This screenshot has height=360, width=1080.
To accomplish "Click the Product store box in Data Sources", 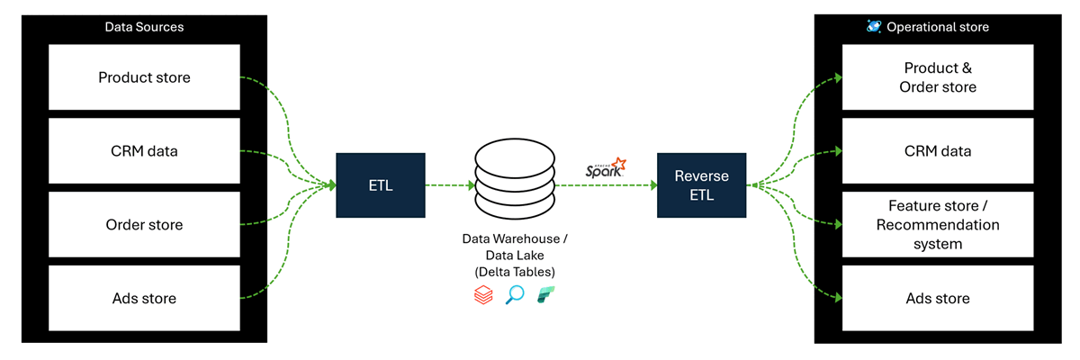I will (144, 77).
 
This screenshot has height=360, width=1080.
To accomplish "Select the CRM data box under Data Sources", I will (144, 151).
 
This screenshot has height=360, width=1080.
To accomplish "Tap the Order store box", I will (144, 224).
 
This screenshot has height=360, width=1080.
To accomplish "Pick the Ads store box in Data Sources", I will (144, 298).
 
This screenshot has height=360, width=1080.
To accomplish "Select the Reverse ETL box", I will (701, 185).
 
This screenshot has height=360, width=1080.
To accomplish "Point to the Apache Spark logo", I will (606, 168).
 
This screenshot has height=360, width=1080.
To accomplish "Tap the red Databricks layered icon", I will (483, 295).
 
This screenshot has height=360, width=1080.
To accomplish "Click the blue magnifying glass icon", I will (515, 295).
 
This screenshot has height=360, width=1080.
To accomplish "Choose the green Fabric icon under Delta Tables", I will (546, 295).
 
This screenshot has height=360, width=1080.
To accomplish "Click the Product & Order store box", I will (938, 77).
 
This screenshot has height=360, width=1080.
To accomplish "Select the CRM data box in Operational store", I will (938, 151).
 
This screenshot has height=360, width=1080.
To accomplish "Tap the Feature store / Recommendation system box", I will (938, 224).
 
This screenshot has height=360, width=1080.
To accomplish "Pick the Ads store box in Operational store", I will (938, 298).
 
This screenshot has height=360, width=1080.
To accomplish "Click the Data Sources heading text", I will (144, 27).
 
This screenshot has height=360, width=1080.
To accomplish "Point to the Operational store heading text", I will (938, 27).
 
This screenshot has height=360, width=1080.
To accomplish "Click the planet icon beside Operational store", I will (874, 27).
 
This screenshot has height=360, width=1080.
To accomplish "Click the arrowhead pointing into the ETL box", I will (331, 185).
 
